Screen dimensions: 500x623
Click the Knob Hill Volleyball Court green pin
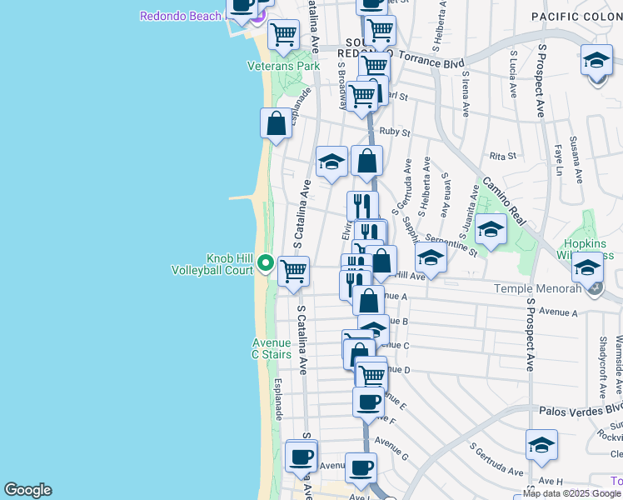click(x=266, y=263)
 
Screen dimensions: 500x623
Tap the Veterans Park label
click(x=283, y=66)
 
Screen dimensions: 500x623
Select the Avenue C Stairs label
click(x=272, y=348)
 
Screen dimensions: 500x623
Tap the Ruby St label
click(x=395, y=132)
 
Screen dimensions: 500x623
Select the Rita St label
click(x=503, y=156)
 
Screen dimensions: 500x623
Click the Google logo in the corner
click(x=27, y=490)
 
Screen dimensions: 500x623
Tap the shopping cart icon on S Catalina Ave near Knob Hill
click(x=293, y=271)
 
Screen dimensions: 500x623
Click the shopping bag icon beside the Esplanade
click(x=277, y=123)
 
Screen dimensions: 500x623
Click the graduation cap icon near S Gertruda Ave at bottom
click(x=541, y=446)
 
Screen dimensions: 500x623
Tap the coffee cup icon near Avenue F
click(x=367, y=402)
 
